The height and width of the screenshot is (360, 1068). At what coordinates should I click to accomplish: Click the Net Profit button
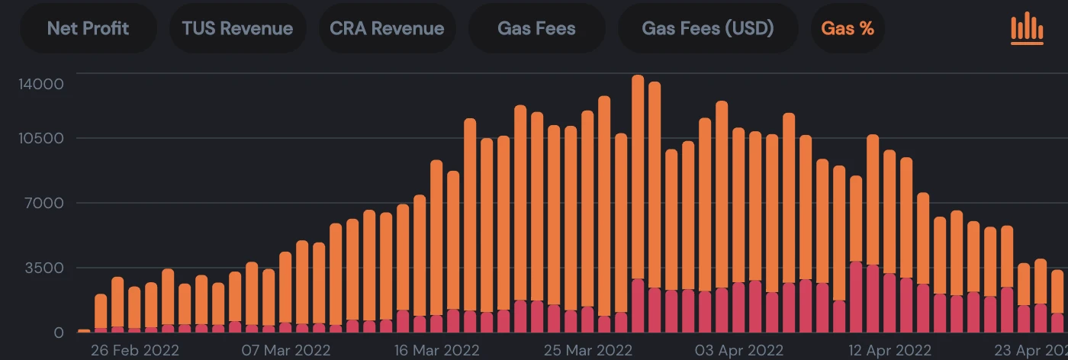pos(88,29)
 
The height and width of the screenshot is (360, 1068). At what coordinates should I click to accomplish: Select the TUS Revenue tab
pos(237,29)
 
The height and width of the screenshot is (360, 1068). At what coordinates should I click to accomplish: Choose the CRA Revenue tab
pos(387,29)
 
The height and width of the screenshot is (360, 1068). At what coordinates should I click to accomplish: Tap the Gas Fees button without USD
pos(536,29)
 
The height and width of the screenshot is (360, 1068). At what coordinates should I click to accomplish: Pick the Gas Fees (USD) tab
pos(708,29)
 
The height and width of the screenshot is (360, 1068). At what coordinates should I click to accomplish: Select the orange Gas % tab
pos(848,29)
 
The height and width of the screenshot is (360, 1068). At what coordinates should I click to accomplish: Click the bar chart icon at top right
pos(1027,29)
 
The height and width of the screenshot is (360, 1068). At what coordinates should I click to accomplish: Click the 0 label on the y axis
pos(59,333)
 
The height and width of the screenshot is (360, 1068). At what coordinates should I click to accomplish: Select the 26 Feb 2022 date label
pos(134,351)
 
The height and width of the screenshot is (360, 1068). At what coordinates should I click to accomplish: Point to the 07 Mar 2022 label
pos(285,351)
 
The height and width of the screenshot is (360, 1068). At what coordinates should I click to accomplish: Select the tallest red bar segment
pos(856,297)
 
